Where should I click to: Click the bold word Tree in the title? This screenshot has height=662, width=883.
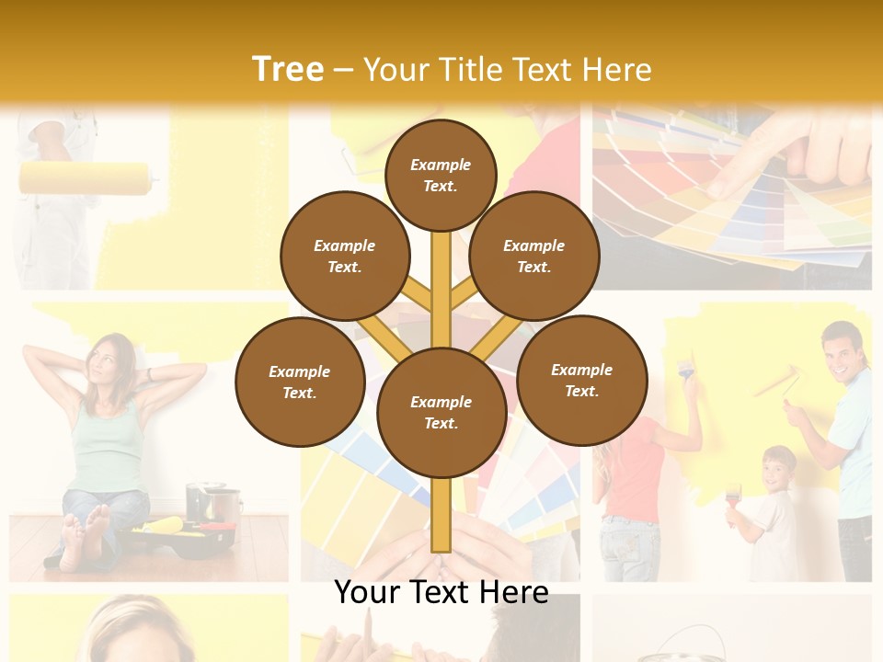(x=288, y=69)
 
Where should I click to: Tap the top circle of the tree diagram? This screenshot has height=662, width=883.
(x=441, y=175)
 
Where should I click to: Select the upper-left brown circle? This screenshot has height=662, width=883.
(x=345, y=256)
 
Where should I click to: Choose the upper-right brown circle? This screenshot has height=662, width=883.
(x=534, y=256)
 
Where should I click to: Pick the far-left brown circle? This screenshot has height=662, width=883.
(x=300, y=382)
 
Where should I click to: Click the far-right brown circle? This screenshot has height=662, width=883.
(x=581, y=380)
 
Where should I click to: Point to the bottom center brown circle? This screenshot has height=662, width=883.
(x=441, y=412)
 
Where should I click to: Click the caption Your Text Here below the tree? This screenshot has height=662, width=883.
(x=441, y=592)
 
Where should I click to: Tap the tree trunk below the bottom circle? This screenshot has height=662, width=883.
(x=441, y=515)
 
